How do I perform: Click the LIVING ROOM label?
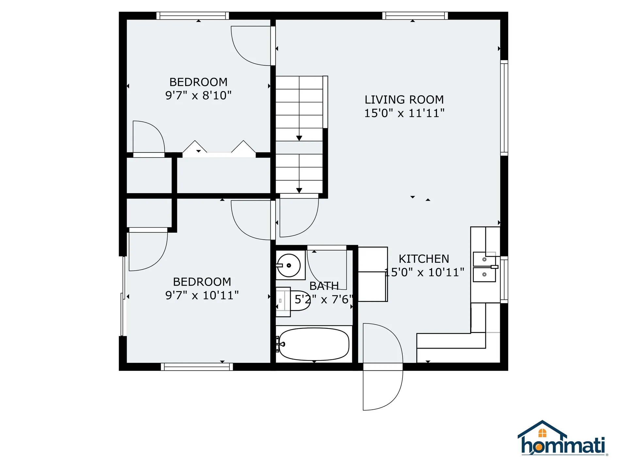click(x=404, y=100)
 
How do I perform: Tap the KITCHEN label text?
click(x=424, y=259)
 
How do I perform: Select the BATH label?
click(x=324, y=286)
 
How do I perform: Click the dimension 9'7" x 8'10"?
click(x=198, y=95)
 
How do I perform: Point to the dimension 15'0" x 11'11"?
click(x=404, y=113)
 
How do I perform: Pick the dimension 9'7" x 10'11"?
click(x=202, y=295)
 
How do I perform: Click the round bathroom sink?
click(x=289, y=265)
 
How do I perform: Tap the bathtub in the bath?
click(x=314, y=344)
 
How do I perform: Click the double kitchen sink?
click(x=485, y=267)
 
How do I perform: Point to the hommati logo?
click(x=563, y=438)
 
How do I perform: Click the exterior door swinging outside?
click(x=383, y=390)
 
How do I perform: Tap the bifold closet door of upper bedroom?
click(x=219, y=149)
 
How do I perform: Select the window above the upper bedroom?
click(x=193, y=16)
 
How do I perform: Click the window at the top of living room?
click(x=415, y=16)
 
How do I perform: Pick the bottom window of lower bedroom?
click(x=197, y=367)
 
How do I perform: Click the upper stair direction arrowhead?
click(x=299, y=138)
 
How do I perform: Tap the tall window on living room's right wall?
click(x=504, y=108)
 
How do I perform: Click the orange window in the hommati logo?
click(x=542, y=433)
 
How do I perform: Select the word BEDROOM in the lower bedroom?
click(x=202, y=282)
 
